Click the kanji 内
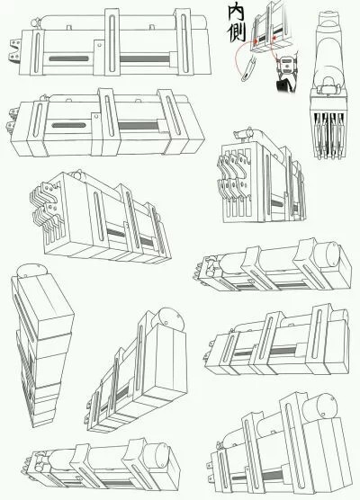pos(236,13)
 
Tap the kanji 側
pos(236,32)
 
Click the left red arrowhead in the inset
pos(256,40)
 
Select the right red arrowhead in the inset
pos(274,38)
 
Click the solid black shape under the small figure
pos(283,85)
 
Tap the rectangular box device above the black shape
pos(288,64)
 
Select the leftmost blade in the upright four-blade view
pos(319,135)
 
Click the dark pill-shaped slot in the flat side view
pos(68,58)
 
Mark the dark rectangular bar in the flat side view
pos(145,59)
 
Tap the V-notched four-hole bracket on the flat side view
pos(14,49)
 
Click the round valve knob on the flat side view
pos(35,23)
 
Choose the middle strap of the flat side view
pos(112,41)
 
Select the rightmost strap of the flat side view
pos(184,41)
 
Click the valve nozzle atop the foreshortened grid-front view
pos(243,134)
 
